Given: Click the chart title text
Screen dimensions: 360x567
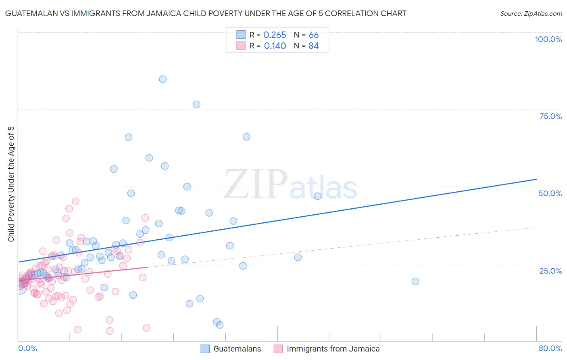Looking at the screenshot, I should click(x=206, y=13).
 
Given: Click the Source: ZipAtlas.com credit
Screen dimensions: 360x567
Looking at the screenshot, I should click(x=531, y=13).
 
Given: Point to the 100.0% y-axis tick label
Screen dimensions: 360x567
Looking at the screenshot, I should click(x=548, y=39).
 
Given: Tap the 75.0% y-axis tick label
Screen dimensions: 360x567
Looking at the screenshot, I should click(x=550, y=116).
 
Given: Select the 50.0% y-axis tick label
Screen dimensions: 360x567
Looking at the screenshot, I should click(x=550, y=193).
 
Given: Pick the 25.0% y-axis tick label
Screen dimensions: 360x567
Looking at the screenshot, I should click(x=550, y=271).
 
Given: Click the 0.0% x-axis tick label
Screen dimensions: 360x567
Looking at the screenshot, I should click(x=27, y=348).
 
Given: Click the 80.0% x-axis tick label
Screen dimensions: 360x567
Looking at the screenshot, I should click(x=550, y=348).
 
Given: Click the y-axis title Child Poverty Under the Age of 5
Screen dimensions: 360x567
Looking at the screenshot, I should click(x=11, y=184).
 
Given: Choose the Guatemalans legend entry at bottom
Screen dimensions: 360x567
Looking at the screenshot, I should click(x=237, y=349).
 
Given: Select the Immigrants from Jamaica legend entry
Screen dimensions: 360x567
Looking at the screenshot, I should click(x=333, y=349).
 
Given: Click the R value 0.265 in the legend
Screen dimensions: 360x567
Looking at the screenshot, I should click(x=275, y=35).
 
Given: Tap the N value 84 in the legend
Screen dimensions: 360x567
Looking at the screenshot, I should click(x=313, y=46).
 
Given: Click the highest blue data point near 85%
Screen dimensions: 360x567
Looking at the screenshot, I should click(x=163, y=79).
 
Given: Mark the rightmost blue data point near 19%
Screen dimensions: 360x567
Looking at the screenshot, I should click(x=415, y=281).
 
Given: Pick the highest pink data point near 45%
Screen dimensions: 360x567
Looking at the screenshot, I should click(x=75, y=201).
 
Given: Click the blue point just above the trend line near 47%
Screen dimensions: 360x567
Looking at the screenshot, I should click(x=317, y=196).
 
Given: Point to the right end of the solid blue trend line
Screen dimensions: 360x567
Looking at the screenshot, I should click(x=536, y=179).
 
